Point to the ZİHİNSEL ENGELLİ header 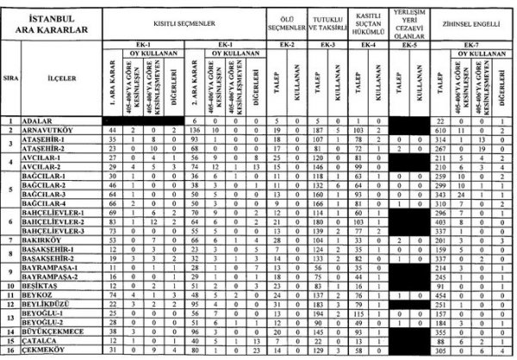coord(470,23)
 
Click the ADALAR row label coord(35,121)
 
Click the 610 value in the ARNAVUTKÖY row coord(439,129)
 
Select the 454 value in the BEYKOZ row coord(439,295)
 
